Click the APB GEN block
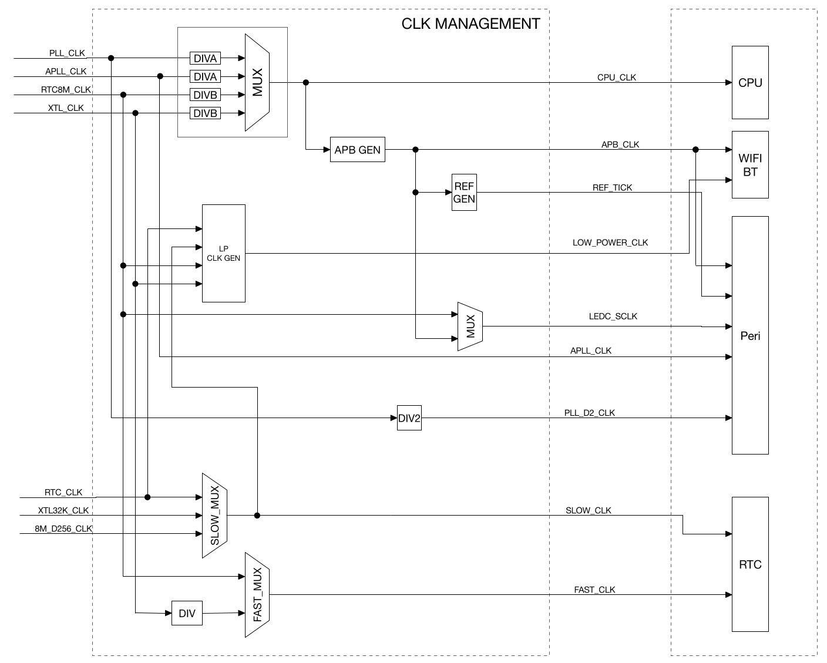(x=357, y=150)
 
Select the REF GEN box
(x=464, y=193)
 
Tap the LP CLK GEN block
(x=223, y=253)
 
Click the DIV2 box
(x=409, y=418)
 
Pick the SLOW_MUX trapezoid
(x=214, y=516)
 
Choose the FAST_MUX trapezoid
(x=257, y=595)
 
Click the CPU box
(x=750, y=83)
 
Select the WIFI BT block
(x=750, y=165)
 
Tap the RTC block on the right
(x=750, y=564)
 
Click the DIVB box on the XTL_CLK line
(x=205, y=113)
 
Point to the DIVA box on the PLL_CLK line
(x=205, y=58)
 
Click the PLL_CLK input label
(x=67, y=53)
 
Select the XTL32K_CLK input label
(x=63, y=510)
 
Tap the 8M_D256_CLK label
(x=63, y=529)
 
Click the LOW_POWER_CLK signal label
(x=610, y=243)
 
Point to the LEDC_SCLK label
(x=613, y=317)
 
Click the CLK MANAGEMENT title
(x=470, y=24)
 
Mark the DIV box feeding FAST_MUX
(x=187, y=614)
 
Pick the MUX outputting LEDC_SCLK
(x=470, y=327)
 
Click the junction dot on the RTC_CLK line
(x=147, y=497)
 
